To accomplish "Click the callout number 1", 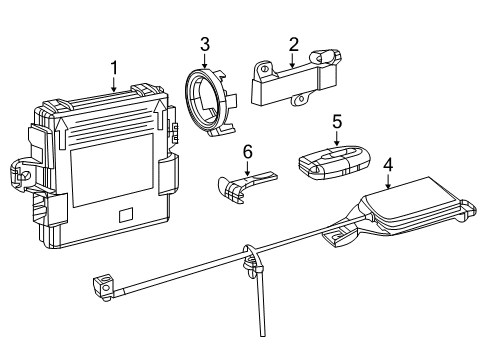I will click(114, 68).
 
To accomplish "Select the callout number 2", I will click(294, 43).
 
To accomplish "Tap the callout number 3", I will click(204, 43).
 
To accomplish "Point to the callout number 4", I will click(387, 163).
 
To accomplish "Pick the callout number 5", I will click(337, 122).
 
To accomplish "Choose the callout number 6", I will click(246, 150).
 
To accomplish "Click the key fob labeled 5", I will click(335, 164).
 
